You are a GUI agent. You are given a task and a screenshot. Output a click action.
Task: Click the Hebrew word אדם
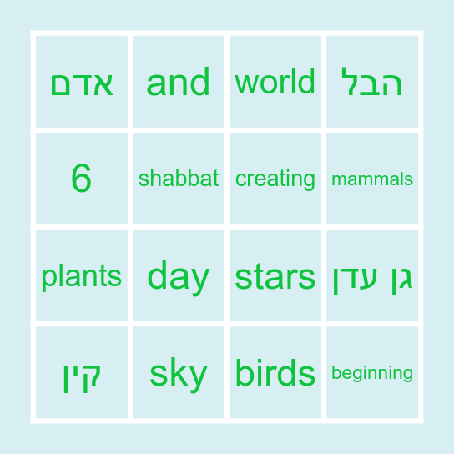[82, 83]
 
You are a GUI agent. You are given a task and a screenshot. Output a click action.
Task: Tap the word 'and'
[179, 83]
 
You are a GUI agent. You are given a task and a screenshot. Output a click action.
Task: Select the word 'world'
[275, 83]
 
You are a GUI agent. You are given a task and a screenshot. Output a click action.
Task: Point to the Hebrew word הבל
[372, 83]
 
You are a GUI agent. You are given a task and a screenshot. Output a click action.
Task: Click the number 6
[82, 179]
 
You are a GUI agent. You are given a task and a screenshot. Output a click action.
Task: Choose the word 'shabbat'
[179, 179]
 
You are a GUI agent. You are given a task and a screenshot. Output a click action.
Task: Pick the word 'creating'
[275, 179]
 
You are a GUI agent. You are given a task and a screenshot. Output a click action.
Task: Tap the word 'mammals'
[372, 179]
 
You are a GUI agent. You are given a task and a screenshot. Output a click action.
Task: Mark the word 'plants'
[82, 276]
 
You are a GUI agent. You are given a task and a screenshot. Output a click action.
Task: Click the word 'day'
[179, 276]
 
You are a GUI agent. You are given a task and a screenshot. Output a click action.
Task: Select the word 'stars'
[275, 276]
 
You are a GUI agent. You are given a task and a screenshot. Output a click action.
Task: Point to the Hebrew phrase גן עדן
[372, 276]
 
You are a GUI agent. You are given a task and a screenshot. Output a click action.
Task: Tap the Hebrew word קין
[82, 373]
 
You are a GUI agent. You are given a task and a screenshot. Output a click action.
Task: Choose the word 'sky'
[179, 373]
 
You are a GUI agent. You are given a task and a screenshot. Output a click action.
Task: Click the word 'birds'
[275, 373]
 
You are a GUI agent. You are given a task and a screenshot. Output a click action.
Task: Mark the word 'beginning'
[372, 373]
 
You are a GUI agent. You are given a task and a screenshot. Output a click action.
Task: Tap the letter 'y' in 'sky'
[198, 376]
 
